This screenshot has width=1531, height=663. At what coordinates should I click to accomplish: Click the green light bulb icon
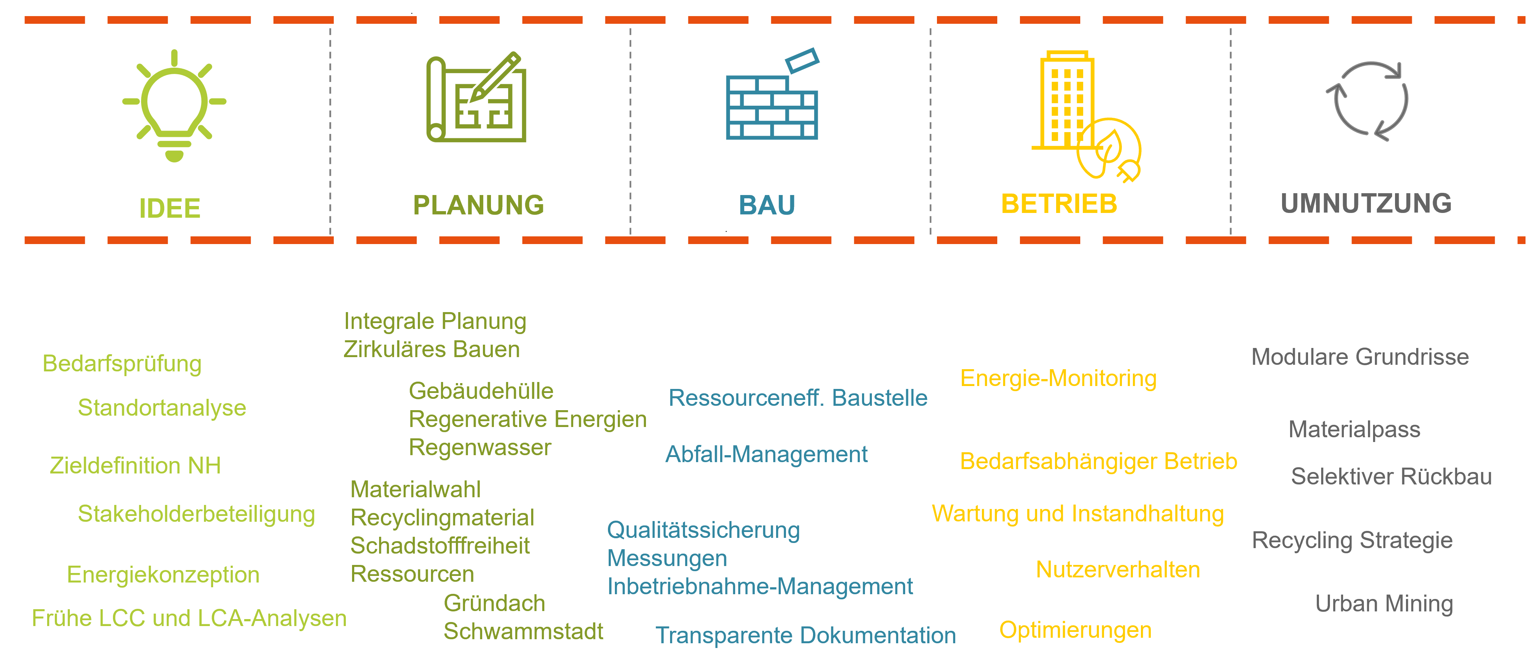(174, 106)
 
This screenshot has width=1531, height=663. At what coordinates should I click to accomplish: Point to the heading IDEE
(170, 209)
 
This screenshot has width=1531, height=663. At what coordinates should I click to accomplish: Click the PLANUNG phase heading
(479, 205)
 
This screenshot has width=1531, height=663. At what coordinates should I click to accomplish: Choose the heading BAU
(767, 205)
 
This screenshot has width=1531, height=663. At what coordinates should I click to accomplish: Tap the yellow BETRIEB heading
(1059, 204)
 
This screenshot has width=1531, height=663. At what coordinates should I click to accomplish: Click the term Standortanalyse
(162, 408)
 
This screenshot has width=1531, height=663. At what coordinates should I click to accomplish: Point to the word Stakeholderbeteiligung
(196, 514)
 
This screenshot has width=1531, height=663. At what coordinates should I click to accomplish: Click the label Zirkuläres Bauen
(431, 349)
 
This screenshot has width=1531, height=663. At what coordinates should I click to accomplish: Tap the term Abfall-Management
(766, 454)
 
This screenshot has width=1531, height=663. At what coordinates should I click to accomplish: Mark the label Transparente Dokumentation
(805, 636)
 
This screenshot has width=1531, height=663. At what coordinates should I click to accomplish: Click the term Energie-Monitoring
(1058, 379)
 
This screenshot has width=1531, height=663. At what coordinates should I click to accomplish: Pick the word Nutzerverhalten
(1118, 570)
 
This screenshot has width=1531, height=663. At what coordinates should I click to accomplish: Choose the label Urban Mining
(1384, 603)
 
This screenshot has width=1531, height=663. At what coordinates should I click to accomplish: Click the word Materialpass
(1354, 429)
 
